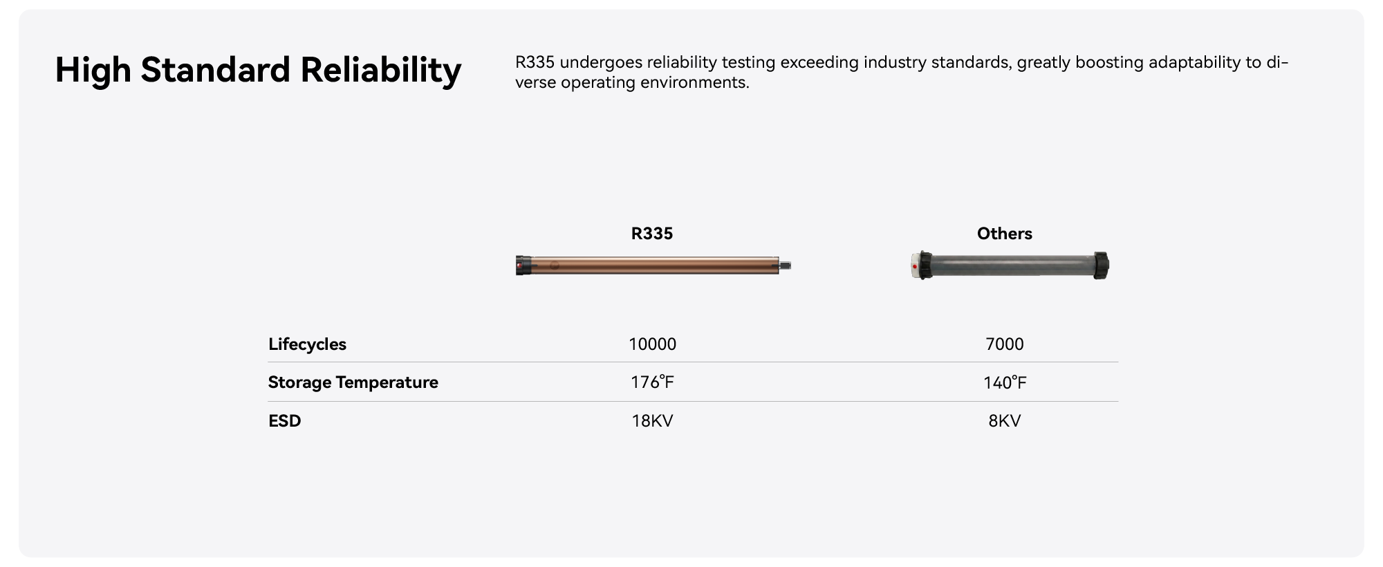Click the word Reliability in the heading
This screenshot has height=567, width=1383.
click(380, 71)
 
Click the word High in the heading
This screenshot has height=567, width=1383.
click(93, 71)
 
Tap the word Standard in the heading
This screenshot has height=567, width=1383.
click(215, 70)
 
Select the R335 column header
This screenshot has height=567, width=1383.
click(652, 234)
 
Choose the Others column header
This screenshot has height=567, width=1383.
click(1004, 234)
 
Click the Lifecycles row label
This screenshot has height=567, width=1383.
click(307, 344)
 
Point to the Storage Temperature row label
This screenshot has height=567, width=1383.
click(353, 382)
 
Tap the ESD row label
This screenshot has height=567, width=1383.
click(284, 421)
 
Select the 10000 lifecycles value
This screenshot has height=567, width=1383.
click(652, 344)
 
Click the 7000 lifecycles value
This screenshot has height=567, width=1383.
click(1004, 344)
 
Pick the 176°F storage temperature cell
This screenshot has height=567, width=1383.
click(652, 382)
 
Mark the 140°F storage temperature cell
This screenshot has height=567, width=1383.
click(1005, 382)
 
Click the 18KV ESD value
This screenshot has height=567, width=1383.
click(652, 421)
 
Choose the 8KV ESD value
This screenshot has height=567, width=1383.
click(1004, 421)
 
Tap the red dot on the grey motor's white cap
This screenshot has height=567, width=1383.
click(916, 266)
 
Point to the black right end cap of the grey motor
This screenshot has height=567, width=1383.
click(1101, 266)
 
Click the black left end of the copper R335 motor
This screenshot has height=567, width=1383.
click(523, 266)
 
